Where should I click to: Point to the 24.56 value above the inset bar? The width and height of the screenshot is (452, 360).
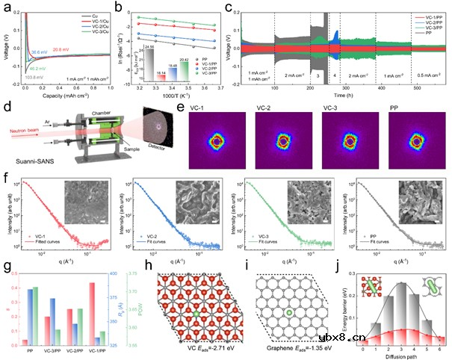[x=149, y=47]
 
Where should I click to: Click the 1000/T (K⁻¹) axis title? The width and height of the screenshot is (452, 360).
[x=181, y=99]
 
